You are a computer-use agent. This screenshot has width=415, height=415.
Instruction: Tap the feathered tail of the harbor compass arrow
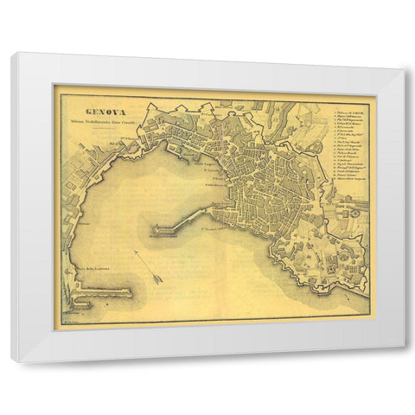point(137,253)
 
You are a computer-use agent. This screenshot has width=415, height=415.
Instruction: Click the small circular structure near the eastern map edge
point(353,211)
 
